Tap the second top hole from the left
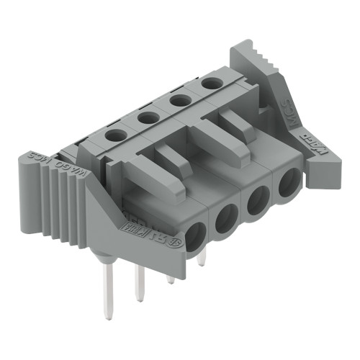coord(148,115)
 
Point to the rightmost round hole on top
coord(210,83)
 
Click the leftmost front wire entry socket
coord(194,235)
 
